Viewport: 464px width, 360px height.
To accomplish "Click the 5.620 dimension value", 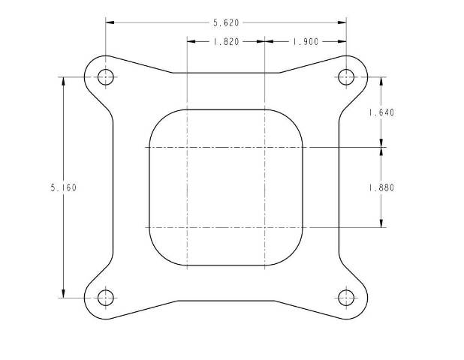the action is click(x=226, y=22).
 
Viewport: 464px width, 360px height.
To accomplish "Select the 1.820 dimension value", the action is click(x=226, y=42).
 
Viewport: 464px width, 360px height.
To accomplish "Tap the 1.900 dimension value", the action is click(x=306, y=42).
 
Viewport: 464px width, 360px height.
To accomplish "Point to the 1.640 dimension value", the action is click(x=381, y=112).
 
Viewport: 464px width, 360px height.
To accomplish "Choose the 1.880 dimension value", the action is click(x=381, y=187).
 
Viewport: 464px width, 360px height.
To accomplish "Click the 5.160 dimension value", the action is click(x=63, y=187).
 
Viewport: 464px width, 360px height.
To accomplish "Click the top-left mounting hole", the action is click(x=106, y=77).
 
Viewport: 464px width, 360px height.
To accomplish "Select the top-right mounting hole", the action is click(x=346, y=77).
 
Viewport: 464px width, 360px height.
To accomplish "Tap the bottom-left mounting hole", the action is click(x=106, y=298).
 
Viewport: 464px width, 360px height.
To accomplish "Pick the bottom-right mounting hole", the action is click(x=346, y=298).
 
